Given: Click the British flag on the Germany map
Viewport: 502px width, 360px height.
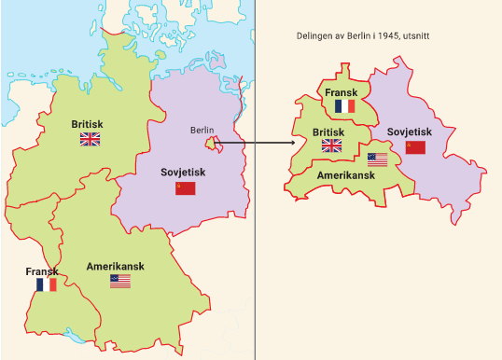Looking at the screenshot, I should pos(90,139).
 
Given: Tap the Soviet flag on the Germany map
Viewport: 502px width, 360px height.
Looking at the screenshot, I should pos(186,188).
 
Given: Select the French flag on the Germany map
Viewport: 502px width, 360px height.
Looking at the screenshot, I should pos(46,284).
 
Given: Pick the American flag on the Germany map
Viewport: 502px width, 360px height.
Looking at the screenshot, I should pos(120,281).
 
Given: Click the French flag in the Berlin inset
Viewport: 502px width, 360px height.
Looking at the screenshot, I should pos(345,106).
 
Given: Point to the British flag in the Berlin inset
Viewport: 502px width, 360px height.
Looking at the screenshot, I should pos(331,145).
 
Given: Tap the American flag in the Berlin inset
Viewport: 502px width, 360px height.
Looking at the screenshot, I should pos(377,159).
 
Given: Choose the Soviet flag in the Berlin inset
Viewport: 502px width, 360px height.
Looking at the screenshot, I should pos(415,147).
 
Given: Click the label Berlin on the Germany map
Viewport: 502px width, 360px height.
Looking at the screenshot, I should pos(202,130).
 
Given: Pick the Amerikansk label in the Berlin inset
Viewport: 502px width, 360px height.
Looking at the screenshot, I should pos(347,174).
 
